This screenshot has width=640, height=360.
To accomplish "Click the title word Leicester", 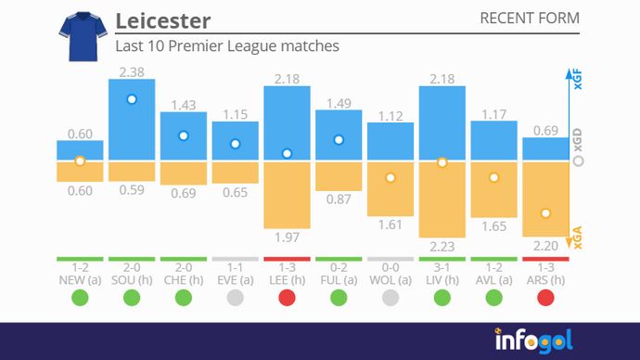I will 163,20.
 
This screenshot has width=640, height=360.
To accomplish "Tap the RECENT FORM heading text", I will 531,19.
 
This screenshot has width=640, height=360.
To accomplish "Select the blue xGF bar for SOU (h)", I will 132,120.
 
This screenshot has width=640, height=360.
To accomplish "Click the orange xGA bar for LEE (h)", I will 288,194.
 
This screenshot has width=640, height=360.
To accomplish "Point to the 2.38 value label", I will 132,71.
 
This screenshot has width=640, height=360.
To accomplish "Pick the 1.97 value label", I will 288,238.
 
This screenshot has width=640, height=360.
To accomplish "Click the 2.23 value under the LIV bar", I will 442,247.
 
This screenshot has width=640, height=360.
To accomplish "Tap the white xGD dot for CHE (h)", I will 184,135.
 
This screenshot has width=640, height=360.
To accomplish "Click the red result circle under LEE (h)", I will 288,298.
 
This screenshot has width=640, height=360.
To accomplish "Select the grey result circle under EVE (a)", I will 236,298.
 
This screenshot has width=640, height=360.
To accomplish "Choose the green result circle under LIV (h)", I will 442,298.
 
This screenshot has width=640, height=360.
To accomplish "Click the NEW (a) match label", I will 80,279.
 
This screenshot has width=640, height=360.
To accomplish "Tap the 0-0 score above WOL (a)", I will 390,267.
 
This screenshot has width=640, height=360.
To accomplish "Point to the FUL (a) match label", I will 339,279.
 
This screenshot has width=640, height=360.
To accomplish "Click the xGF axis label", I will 579,82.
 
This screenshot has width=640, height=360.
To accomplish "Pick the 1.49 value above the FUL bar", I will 339,103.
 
